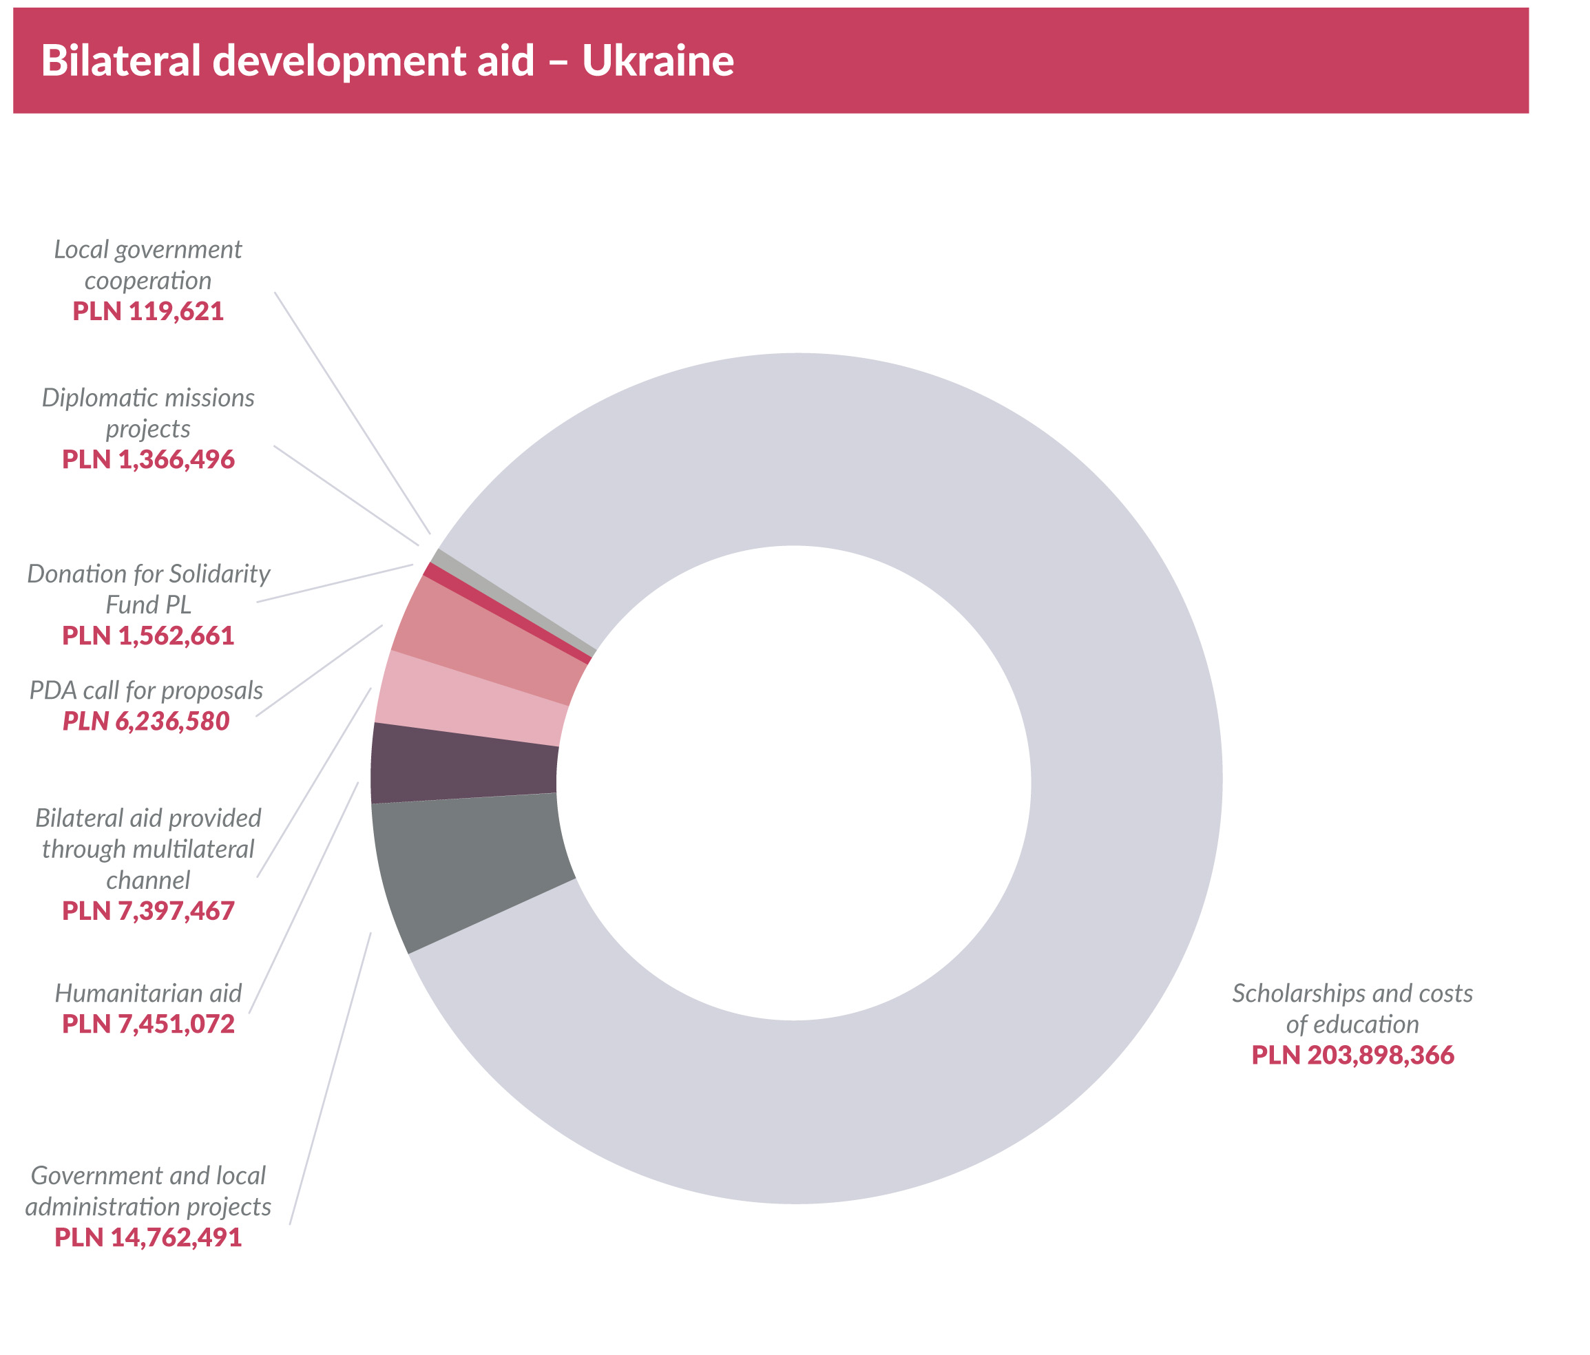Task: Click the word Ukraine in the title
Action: tap(658, 61)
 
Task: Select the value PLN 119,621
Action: tap(148, 311)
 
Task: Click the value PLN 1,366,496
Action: tap(148, 460)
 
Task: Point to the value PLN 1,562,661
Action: tap(148, 636)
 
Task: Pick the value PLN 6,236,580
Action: tap(146, 722)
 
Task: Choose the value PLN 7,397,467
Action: tap(148, 912)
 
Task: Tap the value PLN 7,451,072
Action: tap(148, 1025)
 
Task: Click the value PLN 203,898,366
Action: tap(1353, 1055)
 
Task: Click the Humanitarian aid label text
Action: tap(148, 994)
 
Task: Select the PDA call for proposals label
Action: tap(146, 691)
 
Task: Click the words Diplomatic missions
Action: tap(148, 397)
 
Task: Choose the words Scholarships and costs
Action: tap(1353, 994)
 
